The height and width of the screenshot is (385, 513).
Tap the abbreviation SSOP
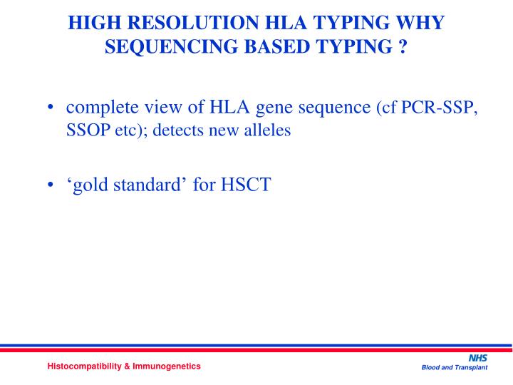click(x=86, y=132)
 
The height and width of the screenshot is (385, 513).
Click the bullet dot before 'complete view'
click(x=53, y=108)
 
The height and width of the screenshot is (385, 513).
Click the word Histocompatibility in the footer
click(x=85, y=366)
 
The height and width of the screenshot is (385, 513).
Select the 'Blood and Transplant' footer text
click(x=454, y=368)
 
